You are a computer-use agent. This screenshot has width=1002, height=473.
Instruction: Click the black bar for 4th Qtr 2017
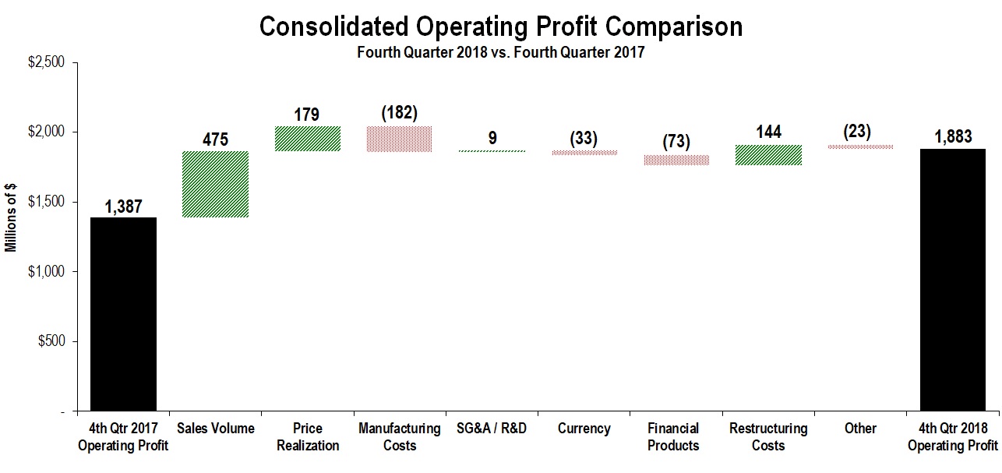click(x=124, y=313)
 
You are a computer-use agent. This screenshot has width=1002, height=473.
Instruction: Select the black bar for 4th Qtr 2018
click(x=953, y=279)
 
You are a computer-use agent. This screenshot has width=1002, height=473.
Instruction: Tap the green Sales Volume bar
click(x=216, y=184)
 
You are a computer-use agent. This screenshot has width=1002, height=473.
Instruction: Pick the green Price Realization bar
click(x=308, y=138)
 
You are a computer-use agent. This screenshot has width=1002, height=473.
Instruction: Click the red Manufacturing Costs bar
click(x=400, y=139)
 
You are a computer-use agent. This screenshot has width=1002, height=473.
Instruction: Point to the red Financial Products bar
click(x=676, y=160)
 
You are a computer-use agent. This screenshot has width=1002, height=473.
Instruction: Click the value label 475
click(x=216, y=140)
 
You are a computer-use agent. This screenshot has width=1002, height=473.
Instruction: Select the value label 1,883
click(x=953, y=137)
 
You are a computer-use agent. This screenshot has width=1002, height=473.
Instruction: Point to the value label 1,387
click(x=124, y=206)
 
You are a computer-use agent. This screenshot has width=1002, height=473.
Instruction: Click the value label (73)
click(x=676, y=143)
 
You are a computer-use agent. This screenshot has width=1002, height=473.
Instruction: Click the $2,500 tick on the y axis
click(x=48, y=62)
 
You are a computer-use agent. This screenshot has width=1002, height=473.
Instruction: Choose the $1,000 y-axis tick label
click(x=48, y=271)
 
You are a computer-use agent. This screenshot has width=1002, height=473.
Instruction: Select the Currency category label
click(x=584, y=429)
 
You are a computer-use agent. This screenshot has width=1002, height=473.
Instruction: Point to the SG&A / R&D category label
click(x=492, y=429)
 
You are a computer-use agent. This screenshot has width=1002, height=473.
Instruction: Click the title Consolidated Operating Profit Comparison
click(x=501, y=26)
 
